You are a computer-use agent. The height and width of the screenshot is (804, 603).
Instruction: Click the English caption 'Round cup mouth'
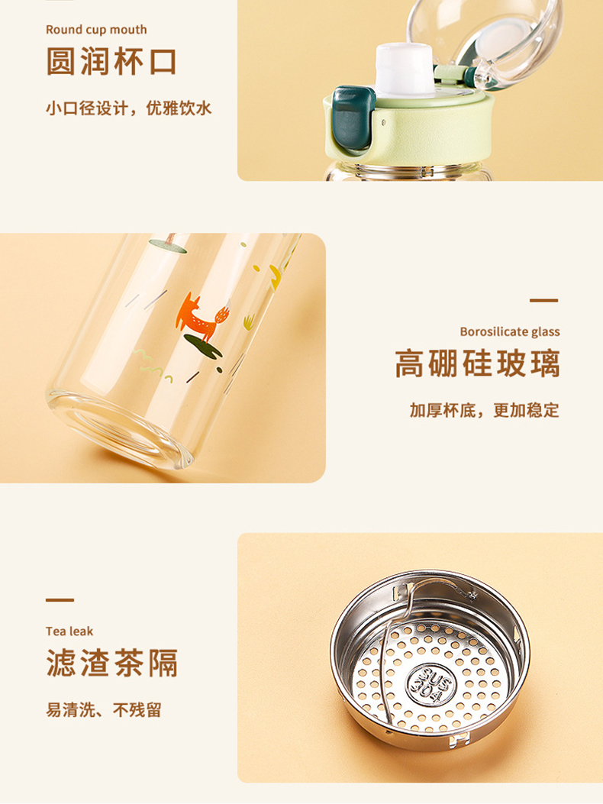click(96, 30)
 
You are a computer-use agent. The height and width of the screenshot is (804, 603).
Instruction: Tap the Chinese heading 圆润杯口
click(111, 63)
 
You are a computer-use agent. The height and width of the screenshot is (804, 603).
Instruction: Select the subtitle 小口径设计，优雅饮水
click(128, 108)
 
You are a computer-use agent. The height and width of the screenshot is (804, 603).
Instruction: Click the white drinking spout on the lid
click(404, 70)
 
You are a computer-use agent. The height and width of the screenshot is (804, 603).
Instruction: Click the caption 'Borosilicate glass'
click(509, 331)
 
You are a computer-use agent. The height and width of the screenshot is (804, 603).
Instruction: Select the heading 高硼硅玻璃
click(478, 363)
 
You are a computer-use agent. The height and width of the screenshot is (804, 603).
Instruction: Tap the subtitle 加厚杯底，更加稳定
click(484, 410)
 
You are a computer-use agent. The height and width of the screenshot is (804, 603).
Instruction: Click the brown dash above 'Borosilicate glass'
click(543, 300)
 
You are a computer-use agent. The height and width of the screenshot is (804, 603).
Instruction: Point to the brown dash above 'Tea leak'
click(60, 600)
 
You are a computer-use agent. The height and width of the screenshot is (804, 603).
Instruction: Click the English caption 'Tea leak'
click(69, 631)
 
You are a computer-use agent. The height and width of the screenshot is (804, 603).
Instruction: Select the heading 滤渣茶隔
click(112, 663)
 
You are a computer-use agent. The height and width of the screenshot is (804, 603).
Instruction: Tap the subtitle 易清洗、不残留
click(104, 710)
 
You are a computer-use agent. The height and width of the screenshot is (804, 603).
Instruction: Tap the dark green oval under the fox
click(202, 345)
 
